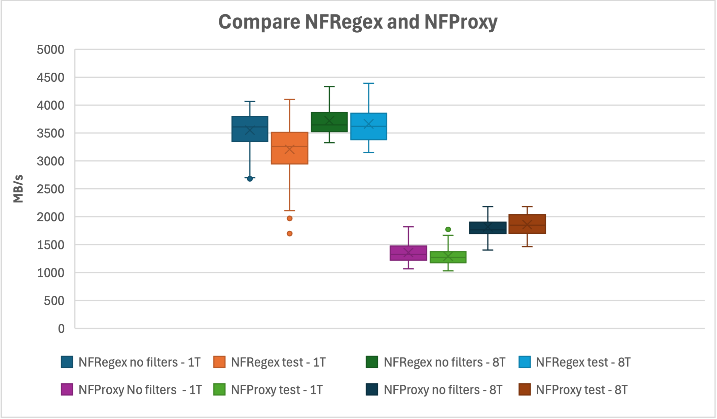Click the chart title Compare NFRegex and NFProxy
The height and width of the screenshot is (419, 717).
point(358,22)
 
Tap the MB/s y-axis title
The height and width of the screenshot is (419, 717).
point(18,189)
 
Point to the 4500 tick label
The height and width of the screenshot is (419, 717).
point(50,78)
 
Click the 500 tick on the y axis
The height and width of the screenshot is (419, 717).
point(54,301)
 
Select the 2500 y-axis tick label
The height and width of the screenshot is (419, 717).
point(50,189)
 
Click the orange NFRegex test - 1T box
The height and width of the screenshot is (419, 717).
point(289,148)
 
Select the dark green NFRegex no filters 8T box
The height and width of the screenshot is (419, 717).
point(329,122)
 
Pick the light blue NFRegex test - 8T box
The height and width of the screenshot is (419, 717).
point(369,126)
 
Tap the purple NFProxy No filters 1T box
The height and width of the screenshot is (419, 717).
point(408,253)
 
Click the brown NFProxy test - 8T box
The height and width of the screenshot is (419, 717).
point(527,224)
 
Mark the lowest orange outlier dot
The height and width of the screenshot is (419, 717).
point(289,233)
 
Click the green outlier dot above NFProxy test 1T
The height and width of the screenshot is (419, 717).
point(448,229)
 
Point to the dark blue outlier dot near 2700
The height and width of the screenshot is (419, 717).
point(250,179)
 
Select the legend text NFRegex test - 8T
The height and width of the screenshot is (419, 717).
point(583,362)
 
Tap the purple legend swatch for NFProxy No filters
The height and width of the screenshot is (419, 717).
point(67,390)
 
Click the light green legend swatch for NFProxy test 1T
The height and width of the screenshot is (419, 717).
point(219,390)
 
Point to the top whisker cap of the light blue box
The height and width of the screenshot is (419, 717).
point(369,83)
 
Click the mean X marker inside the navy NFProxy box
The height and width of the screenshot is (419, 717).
point(488,227)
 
